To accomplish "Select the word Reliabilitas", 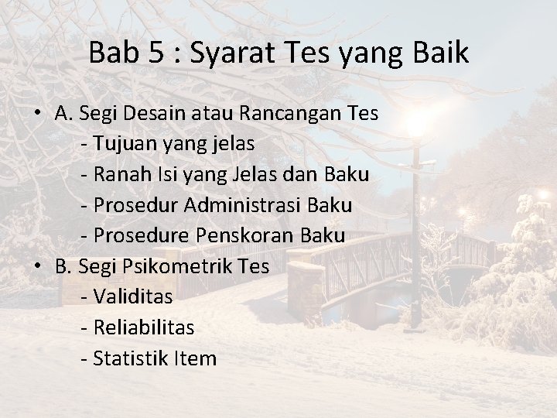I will pos(142,327).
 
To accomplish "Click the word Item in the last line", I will pos(195,358).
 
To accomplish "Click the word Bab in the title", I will pos(106,53).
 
